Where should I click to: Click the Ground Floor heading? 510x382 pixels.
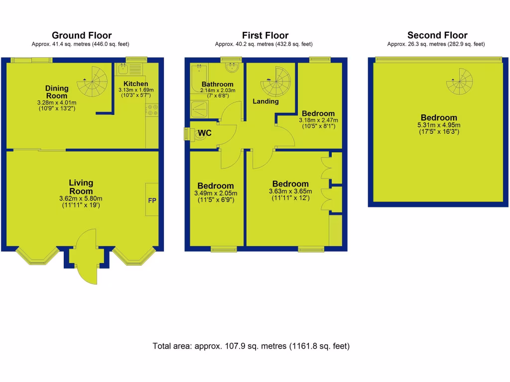pyautogui.click(x=82, y=35)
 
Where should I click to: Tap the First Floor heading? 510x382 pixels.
pyautogui.click(x=265, y=35)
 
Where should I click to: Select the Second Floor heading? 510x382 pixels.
pyautogui.click(x=437, y=35)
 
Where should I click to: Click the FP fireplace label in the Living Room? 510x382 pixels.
pyautogui.click(x=152, y=200)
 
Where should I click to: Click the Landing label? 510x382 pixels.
pyautogui.click(x=266, y=101)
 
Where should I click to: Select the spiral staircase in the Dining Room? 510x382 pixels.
pyautogui.click(x=94, y=82)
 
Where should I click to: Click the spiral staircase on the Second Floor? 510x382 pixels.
pyautogui.click(x=459, y=82)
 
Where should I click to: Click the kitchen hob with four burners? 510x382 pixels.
pyautogui.click(x=152, y=110)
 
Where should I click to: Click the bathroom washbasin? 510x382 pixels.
pyautogui.click(x=232, y=67)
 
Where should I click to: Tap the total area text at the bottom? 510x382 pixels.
pyautogui.click(x=251, y=346)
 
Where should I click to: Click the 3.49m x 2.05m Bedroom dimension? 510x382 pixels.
pyautogui.click(x=216, y=193)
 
